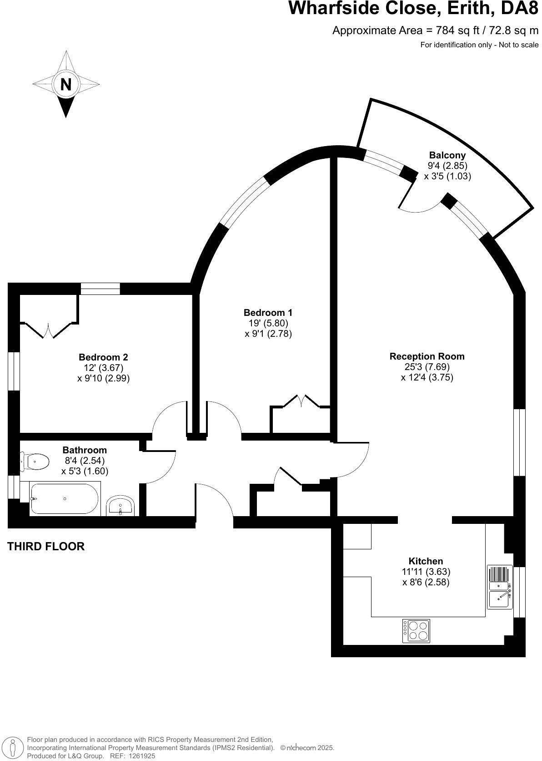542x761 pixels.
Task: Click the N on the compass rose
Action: click(66, 85)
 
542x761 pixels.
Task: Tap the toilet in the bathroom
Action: click(35, 462)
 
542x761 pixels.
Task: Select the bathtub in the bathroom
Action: click(64, 499)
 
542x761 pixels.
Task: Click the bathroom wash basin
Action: click(120, 507)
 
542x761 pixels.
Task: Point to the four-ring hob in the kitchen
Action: click(416, 631)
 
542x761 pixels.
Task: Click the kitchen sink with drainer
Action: click(500, 587)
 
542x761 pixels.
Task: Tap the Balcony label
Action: click(447, 155)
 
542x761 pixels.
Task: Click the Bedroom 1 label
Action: click(268, 313)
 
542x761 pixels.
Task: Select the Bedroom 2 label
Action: click(103, 357)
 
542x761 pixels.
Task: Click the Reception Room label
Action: click(427, 356)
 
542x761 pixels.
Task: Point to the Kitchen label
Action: click(426, 561)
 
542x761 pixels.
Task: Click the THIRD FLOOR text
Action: click(46, 547)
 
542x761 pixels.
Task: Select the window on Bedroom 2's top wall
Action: click(100, 289)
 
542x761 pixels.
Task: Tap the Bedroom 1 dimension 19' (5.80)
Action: click(268, 323)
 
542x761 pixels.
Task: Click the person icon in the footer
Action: click(13, 747)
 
